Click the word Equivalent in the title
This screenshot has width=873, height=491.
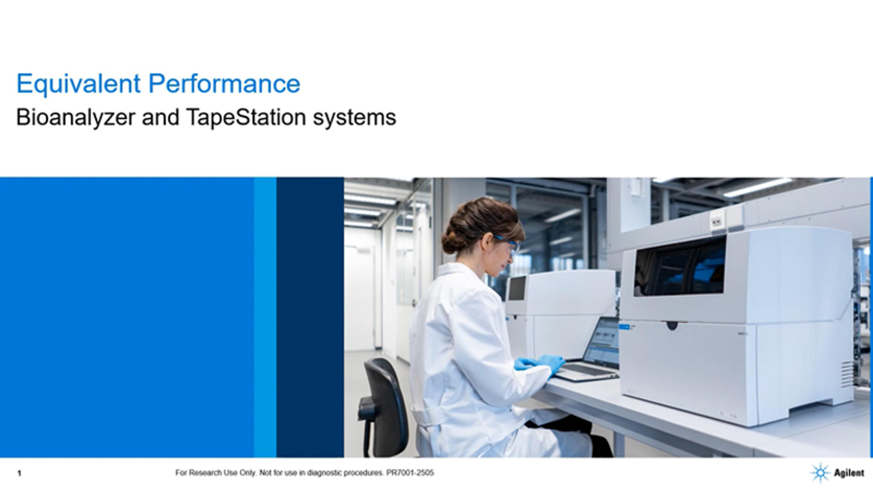(x=78, y=84)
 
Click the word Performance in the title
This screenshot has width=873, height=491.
(x=224, y=84)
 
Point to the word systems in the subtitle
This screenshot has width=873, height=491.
(x=354, y=119)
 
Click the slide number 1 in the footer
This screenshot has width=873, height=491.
(x=19, y=473)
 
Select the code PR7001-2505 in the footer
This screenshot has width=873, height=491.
(x=410, y=473)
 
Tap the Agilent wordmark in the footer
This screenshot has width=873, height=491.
(x=849, y=473)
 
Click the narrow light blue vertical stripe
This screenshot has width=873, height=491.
(x=265, y=317)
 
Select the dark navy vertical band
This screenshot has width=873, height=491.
(x=310, y=317)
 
